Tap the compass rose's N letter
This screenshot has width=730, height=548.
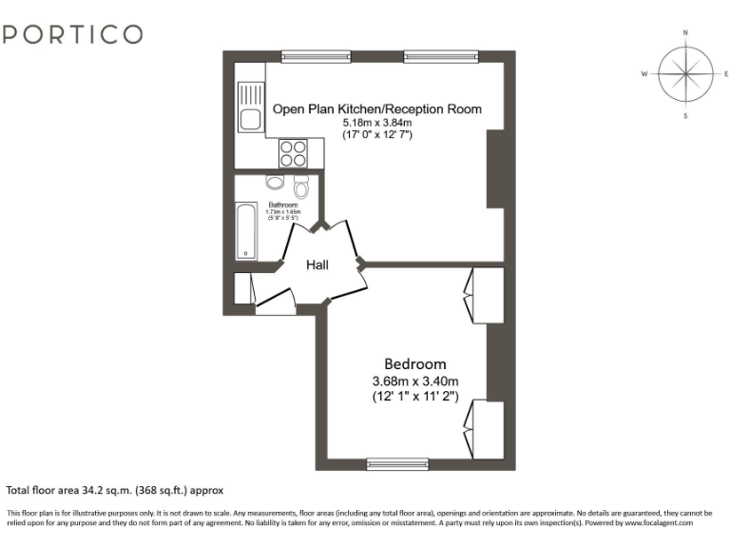coord(685,32)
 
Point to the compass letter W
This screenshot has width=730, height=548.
coord(644,73)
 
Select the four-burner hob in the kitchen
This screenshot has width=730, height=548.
coord(293,152)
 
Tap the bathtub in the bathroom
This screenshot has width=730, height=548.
coord(246,231)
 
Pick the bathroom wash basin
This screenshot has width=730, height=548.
coord(275,183)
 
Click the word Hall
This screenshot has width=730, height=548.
coord(317,264)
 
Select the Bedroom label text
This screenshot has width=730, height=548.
coord(414,363)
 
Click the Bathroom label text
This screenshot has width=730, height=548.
coord(283,205)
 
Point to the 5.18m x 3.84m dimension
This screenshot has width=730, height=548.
coord(377,123)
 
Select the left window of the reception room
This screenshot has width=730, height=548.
coord(310,56)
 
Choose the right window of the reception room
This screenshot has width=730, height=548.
coord(434,56)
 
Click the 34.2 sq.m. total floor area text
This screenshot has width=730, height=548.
coord(114,491)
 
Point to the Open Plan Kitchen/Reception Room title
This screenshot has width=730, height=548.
coord(377,108)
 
